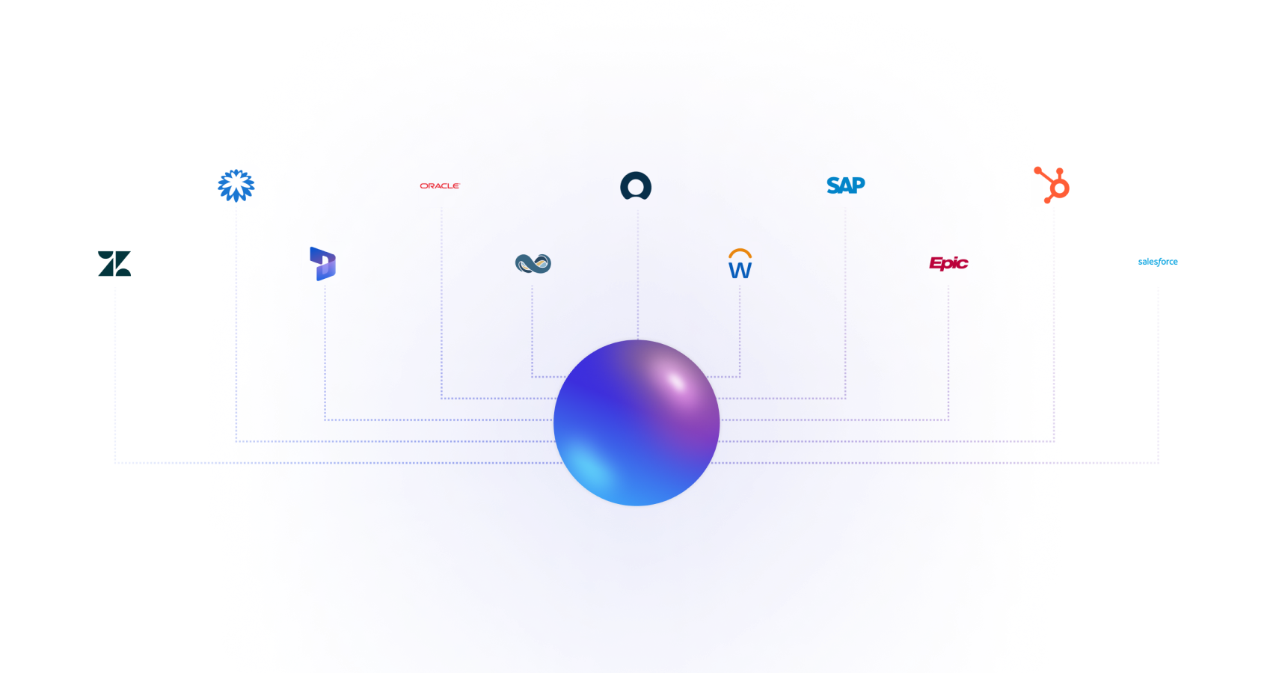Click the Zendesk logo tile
tap(115, 263)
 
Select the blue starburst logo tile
tap(236, 185)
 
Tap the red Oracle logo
tap(440, 185)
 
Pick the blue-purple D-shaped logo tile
tap(324, 263)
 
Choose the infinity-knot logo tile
tap(533, 263)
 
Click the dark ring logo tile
tap(636, 185)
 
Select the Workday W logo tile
tap(740, 263)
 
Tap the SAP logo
tap(846, 185)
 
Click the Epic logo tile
tap(949, 263)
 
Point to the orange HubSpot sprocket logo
tap(1052, 185)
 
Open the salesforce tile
tap(1158, 263)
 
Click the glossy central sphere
tap(636, 423)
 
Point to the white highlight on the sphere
tap(676, 381)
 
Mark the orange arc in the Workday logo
tap(740, 253)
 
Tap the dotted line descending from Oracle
tap(442, 299)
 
